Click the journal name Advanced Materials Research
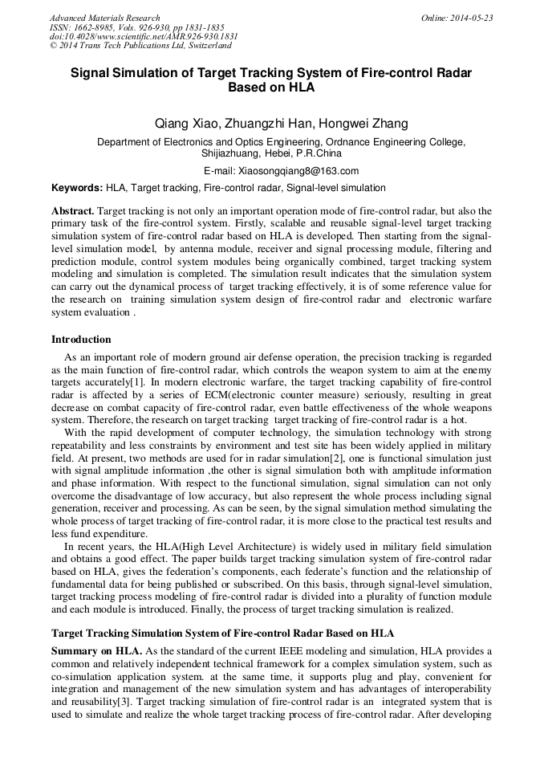pos(104,18)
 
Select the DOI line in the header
pos(144,37)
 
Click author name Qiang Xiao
pos(181,124)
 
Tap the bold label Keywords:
pos(77,188)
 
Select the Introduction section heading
pos(81,340)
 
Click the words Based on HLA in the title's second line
pos(271,88)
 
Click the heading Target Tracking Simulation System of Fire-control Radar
pos(208,633)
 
